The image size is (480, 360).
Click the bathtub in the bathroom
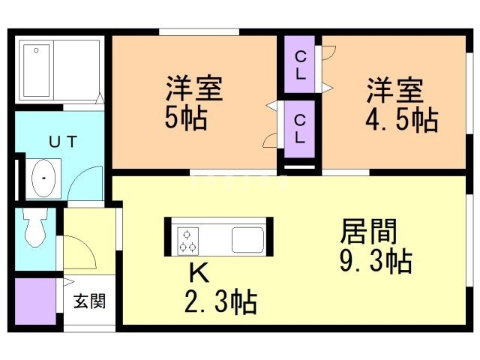37,70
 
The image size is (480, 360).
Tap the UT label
63,142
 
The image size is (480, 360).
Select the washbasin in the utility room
43,178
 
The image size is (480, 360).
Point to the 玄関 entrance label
90,301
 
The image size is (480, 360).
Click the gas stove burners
187,241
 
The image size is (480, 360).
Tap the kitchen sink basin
247,240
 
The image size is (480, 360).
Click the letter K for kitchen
199,273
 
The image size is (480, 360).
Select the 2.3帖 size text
220,301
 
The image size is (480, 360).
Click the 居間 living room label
368,232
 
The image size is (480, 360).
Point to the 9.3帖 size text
376,261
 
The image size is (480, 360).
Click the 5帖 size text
186,118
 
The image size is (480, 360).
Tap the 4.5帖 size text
402,120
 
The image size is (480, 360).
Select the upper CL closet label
300,65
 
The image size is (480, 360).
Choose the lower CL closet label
300,129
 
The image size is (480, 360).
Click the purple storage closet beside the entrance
35,301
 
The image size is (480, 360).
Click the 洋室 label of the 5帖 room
193,88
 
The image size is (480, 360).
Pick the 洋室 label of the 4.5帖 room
395,90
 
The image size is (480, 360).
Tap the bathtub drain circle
36,50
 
